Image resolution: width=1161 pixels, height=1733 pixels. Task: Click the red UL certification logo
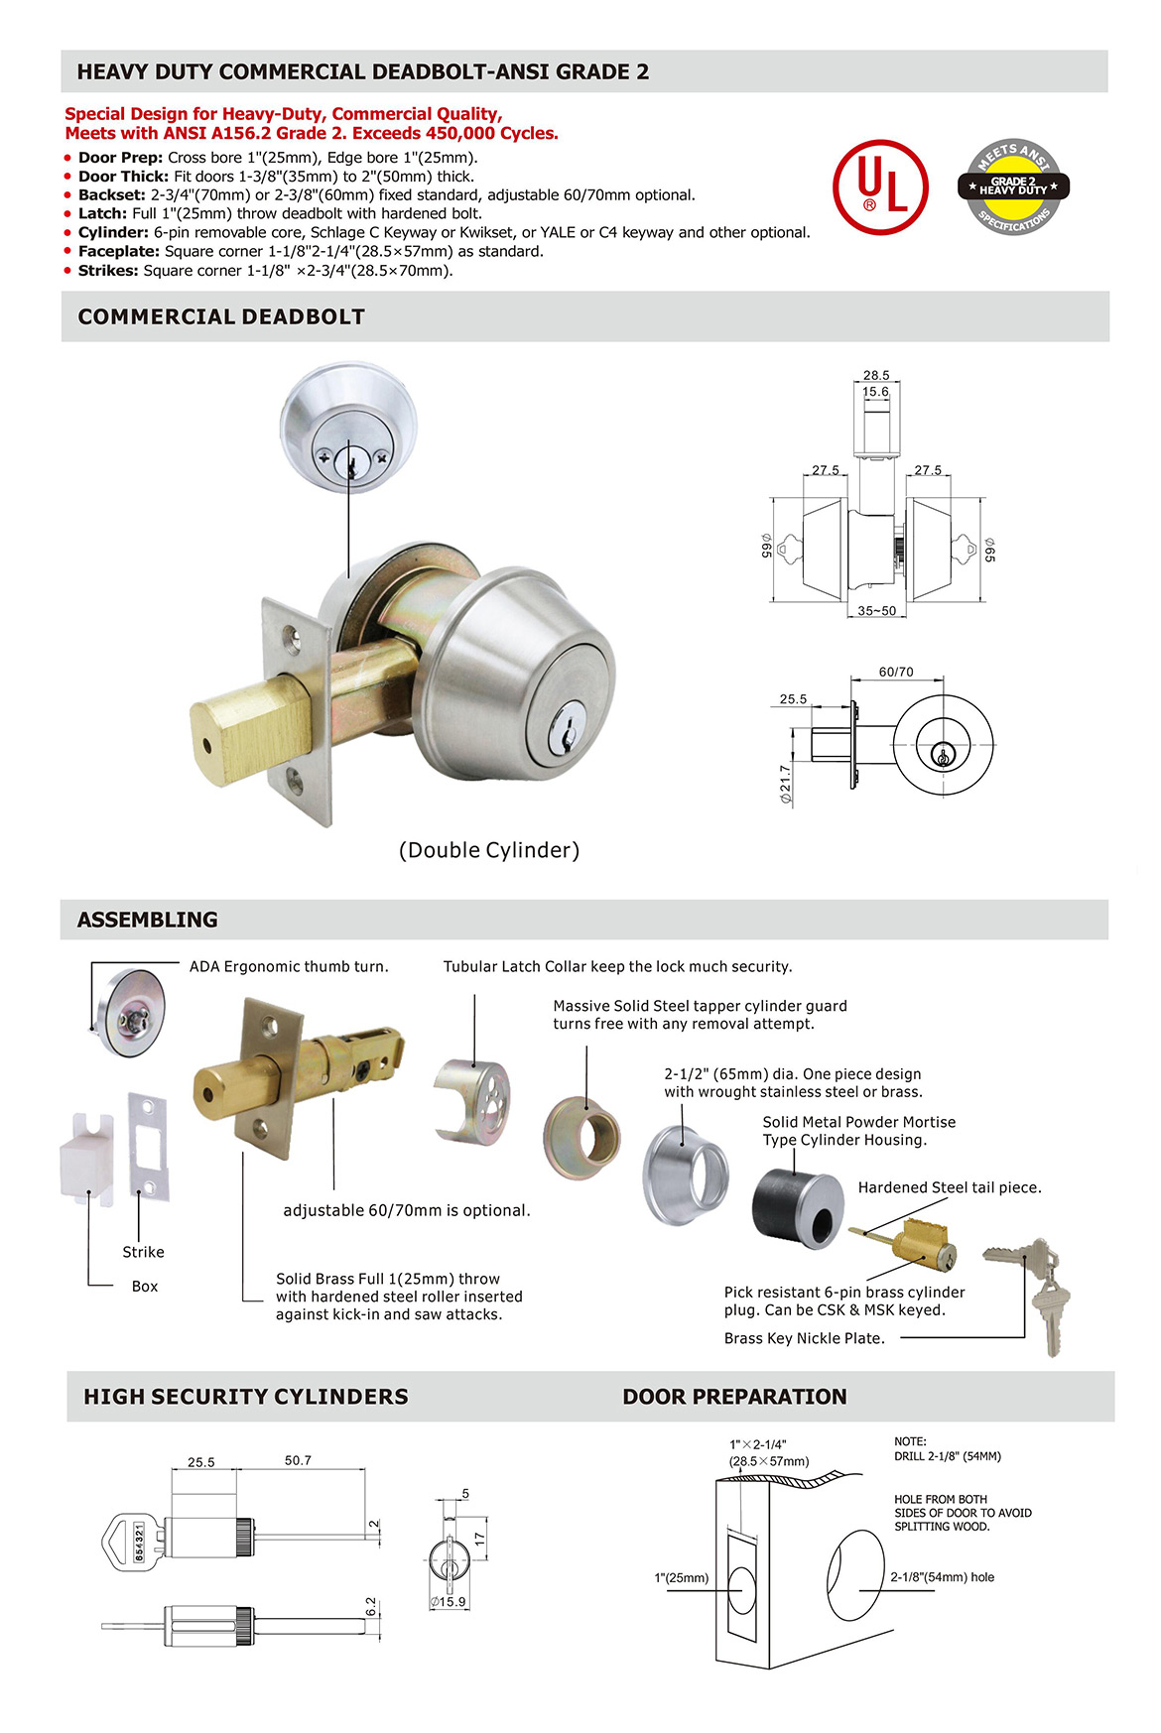tap(880, 186)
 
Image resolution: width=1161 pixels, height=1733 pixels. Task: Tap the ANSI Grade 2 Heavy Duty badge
tap(1012, 186)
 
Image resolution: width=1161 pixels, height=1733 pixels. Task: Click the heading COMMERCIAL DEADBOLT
tap(221, 316)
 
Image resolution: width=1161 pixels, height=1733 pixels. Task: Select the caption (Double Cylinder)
tap(489, 850)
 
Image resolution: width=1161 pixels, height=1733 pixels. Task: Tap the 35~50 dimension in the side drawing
tap(876, 611)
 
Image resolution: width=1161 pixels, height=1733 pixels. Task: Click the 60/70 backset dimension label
tap(896, 672)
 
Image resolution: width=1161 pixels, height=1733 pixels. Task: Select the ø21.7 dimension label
tap(785, 784)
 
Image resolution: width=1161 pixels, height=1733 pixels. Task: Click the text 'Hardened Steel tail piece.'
tap(950, 1187)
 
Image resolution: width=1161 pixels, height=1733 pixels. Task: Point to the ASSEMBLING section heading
tap(147, 920)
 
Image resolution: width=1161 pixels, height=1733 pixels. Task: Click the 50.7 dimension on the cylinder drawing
tap(298, 1460)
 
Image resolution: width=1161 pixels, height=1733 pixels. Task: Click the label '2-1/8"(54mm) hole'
tap(942, 1577)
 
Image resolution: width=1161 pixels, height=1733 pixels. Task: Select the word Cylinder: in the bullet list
tap(113, 232)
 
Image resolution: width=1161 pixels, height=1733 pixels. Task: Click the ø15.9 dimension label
tap(448, 1601)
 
